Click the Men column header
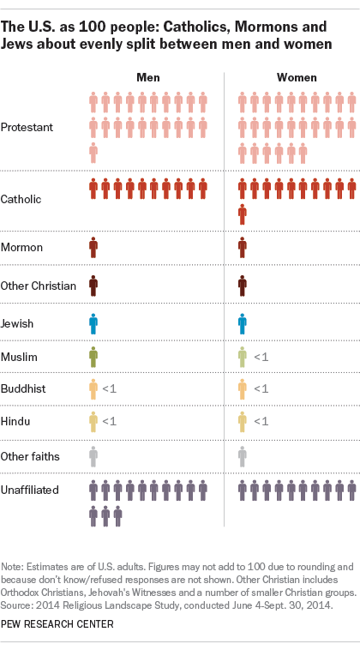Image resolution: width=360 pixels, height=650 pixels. [x=148, y=77]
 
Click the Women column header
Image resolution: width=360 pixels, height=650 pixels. [x=297, y=77]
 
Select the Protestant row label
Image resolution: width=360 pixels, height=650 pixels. [x=28, y=127]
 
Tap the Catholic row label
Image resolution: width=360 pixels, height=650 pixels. [x=23, y=199]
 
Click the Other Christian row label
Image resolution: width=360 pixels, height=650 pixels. [x=39, y=286]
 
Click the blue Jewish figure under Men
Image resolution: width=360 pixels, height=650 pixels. [x=93, y=323]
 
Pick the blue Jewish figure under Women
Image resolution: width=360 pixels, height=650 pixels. [x=243, y=323]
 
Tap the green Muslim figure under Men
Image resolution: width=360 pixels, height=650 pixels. [x=93, y=356]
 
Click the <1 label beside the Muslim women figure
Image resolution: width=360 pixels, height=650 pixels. [x=261, y=356]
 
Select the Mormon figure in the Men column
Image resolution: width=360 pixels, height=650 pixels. [x=93, y=248]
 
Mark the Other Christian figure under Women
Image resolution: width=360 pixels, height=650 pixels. [x=243, y=286]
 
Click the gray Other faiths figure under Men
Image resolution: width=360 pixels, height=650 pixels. [x=93, y=455]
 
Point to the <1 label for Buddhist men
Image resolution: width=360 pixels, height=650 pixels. [x=110, y=389]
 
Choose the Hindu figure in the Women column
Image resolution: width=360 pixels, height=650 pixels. [x=243, y=421]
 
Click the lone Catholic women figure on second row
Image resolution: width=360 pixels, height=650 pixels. [x=243, y=214]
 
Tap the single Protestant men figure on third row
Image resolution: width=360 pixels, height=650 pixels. [x=93, y=153]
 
